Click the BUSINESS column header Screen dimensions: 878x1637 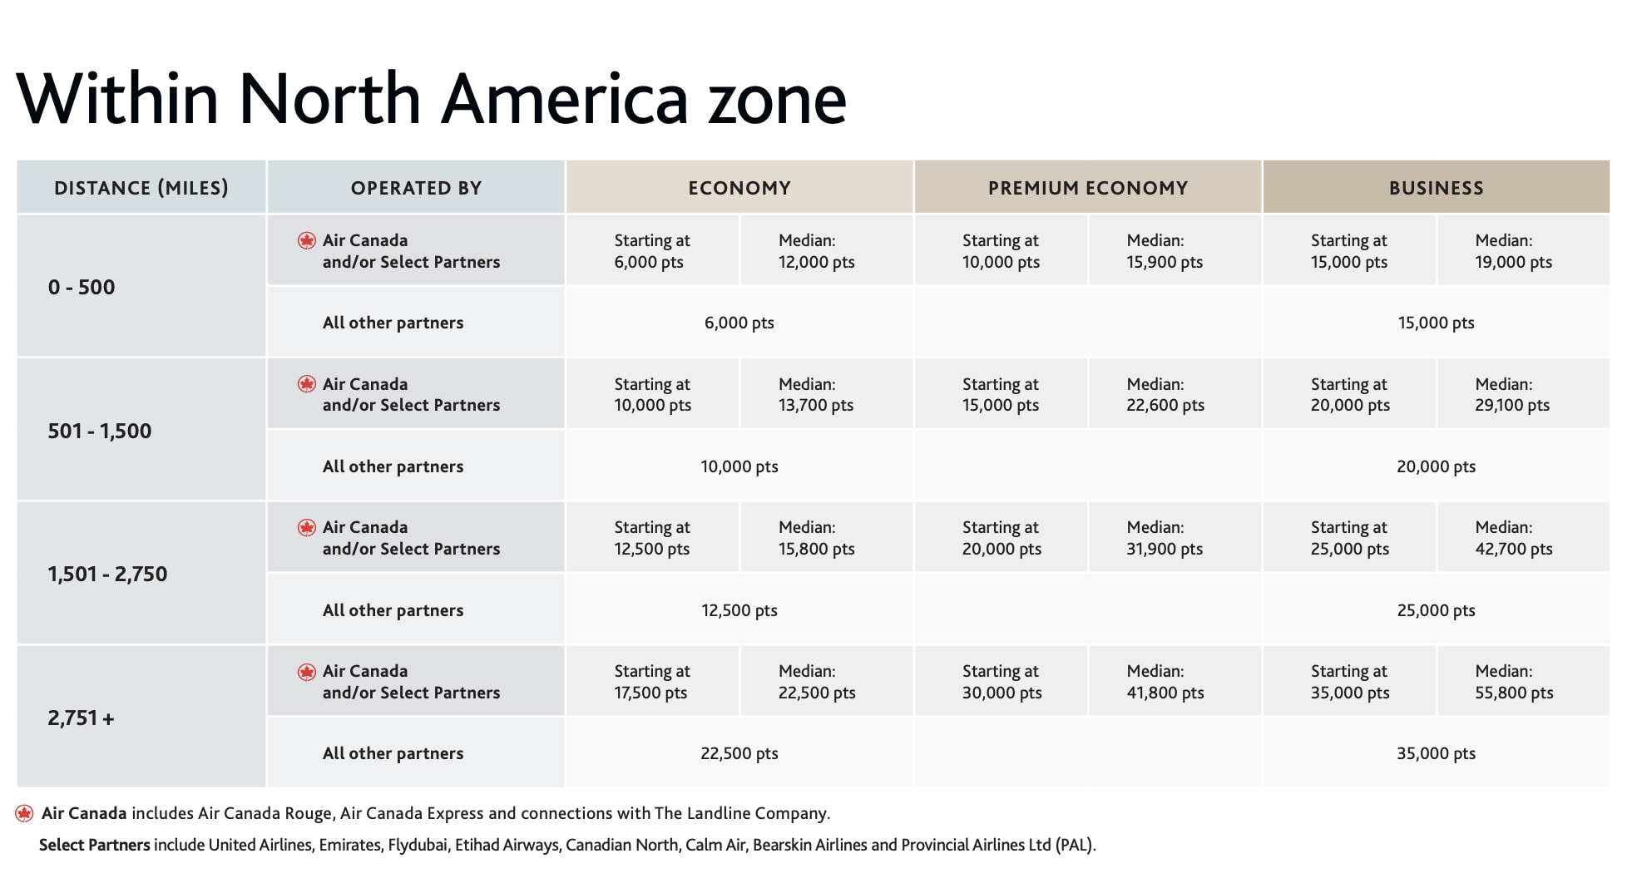point(1436,188)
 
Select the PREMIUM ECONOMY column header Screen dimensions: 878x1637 point(1087,188)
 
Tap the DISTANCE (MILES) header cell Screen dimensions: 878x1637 point(141,188)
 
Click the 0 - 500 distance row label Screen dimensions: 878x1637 point(82,287)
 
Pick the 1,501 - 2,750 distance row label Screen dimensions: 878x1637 point(107,574)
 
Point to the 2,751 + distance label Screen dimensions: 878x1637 point(81,718)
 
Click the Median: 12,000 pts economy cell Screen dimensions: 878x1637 point(816,251)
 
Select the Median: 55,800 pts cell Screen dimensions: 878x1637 point(1514,682)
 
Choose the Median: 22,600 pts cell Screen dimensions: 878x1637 point(1165,395)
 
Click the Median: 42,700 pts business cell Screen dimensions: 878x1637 point(1513,538)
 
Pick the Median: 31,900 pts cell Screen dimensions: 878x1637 point(1165,538)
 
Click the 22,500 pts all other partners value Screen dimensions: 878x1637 point(739,753)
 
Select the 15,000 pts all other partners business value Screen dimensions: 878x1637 point(1436,323)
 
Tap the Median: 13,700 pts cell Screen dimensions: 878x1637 point(815,395)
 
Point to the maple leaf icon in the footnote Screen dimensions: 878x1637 point(24,813)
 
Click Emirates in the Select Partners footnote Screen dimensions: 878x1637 point(350,845)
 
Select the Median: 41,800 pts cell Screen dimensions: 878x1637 point(1165,682)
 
